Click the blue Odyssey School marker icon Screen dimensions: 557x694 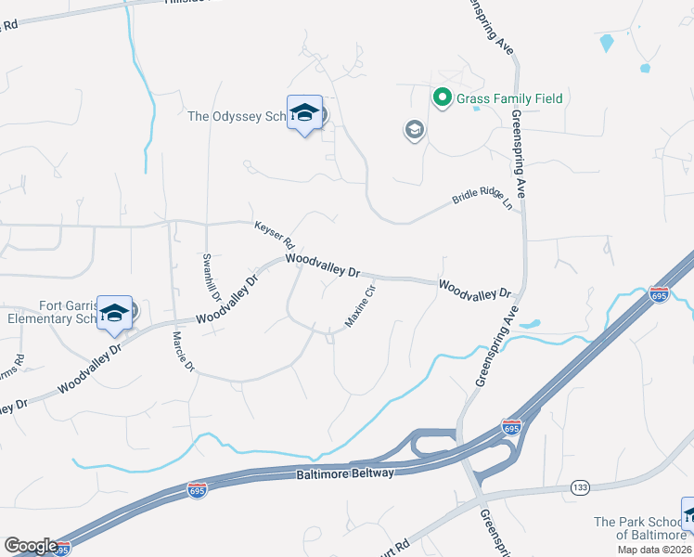304,114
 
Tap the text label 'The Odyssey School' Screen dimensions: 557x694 238,116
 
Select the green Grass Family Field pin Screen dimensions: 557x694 443,96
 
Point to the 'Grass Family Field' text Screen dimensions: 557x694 508,98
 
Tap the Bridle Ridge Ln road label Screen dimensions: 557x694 482,199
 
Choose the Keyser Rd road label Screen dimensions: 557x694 274,233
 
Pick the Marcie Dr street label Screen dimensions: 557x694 181,354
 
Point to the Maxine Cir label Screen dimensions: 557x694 360,306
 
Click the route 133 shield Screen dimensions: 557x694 582,486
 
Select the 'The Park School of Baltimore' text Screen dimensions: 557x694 636,528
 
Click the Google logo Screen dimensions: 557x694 31,546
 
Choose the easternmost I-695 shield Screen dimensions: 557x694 659,293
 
